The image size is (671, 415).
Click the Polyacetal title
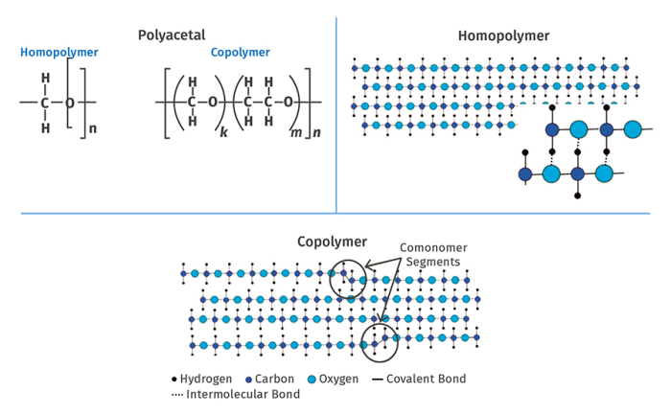[172, 35]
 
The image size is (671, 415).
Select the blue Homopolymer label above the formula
[59, 52]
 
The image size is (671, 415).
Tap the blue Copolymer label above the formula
[240, 52]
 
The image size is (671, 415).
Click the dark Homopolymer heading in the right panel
[503, 35]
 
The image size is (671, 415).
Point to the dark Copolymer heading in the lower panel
[332, 242]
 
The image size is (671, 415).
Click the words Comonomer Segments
[433, 255]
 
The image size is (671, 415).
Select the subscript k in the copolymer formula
[223, 132]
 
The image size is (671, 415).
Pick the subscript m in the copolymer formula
[296, 133]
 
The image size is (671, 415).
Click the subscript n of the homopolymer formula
[92, 128]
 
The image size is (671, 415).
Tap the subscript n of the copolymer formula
[316, 132]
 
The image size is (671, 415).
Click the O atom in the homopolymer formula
[70, 103]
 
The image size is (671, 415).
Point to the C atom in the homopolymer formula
[45, 103]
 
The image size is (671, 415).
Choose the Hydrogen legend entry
[201, 380]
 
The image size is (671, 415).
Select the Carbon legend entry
[270, 380]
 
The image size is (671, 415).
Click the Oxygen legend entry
[334, 380]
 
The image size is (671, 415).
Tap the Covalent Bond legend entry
[420, 380]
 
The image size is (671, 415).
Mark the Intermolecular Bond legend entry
[236, 394]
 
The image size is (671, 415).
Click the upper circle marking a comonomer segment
[348, 278]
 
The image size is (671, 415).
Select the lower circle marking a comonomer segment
[380, 343]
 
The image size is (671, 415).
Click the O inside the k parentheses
[213, 103]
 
